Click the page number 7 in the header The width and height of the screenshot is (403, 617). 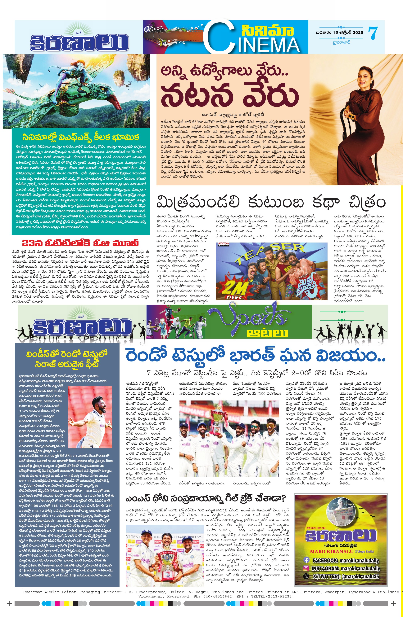373,33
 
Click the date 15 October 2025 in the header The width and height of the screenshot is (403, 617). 339,32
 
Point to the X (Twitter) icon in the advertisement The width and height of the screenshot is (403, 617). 306,577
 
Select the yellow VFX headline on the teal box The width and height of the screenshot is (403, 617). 81,137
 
